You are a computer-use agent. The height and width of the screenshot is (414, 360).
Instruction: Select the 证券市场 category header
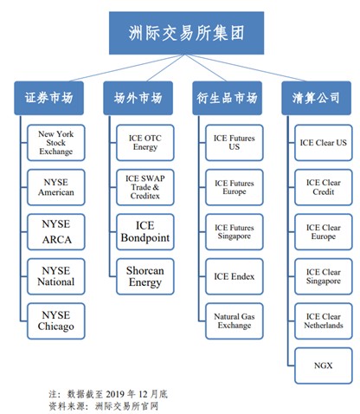(x=49, y=98)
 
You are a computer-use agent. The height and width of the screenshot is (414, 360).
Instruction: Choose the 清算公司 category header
(x=316, y=98)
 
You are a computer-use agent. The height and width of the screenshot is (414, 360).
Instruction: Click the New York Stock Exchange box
(x=57, y=142)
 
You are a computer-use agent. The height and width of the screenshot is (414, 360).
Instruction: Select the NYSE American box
(x=57, y=188)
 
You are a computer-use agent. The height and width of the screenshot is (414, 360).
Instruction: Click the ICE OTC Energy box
(x=145, y=142)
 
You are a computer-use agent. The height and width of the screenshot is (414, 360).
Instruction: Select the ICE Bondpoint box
(x=145, y=230)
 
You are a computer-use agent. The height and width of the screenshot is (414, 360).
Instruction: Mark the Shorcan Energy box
(x=145, y=275)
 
